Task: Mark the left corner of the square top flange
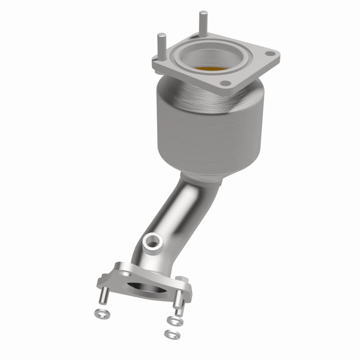[x=154, y=67]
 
